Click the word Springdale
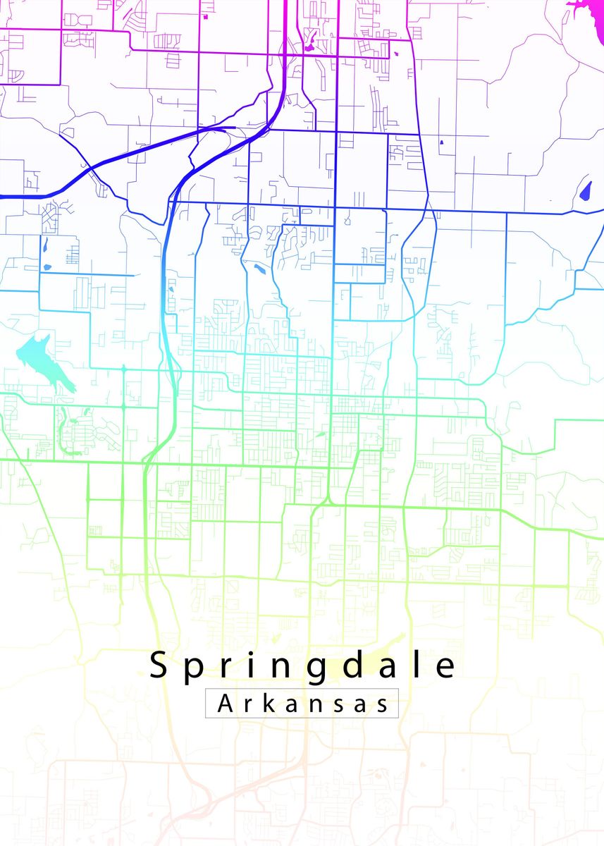[303, 666]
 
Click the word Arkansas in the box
[302, 704]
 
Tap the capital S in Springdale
[159, 666]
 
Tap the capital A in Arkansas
[226, 704]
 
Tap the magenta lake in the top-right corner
[585, 8]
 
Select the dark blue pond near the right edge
[585, 190]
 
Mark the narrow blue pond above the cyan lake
[45, 245]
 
